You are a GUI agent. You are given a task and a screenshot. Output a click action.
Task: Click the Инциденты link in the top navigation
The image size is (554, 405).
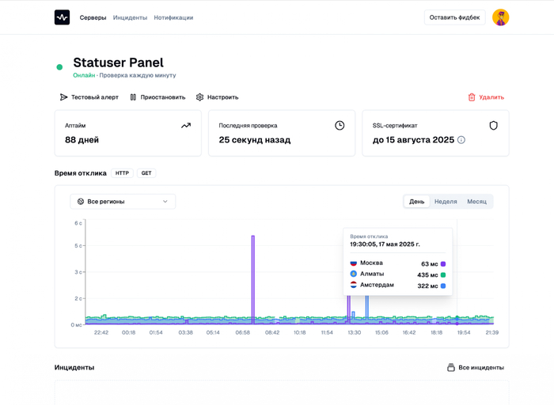pos(130,17)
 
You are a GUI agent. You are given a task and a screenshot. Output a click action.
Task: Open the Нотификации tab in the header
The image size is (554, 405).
pos(173,17)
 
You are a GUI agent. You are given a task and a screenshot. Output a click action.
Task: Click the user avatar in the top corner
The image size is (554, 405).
pos(500,17)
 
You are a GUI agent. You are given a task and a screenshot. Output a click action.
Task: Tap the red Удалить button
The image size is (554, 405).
pos(486,97)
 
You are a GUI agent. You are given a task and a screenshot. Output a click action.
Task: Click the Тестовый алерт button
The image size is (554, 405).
pos(89,97)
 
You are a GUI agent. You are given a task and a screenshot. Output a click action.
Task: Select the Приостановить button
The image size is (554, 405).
pos(157,97)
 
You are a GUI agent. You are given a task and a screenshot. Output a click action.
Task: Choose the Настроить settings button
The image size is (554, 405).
pos(217,97)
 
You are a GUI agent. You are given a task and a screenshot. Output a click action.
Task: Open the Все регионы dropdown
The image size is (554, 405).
pos(123,202)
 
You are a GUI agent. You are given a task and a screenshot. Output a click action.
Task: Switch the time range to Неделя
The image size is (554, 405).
pos(446,202)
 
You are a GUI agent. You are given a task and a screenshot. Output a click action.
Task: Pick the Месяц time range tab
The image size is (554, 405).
pos(476,202)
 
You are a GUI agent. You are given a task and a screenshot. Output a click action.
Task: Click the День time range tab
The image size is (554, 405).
pos(417,202)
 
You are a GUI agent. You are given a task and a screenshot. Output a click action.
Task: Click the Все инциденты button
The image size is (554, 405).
pos(475,368)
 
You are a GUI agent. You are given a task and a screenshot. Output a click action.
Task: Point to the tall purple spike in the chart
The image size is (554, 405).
pos(253,277)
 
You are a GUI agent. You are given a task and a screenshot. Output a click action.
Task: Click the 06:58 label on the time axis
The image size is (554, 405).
pos(243,332)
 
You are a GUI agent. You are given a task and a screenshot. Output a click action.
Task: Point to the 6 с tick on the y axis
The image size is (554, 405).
pos(78,223)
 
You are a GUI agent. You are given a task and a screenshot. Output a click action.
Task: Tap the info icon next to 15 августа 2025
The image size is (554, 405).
pos(461,140)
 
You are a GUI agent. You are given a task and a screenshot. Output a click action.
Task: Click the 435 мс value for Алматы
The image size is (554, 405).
pos(427,274)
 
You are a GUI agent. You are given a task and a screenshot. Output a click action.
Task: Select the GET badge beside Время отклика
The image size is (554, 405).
pos(146,173)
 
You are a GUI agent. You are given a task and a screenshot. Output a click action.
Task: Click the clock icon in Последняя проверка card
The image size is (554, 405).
pos(340,126)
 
